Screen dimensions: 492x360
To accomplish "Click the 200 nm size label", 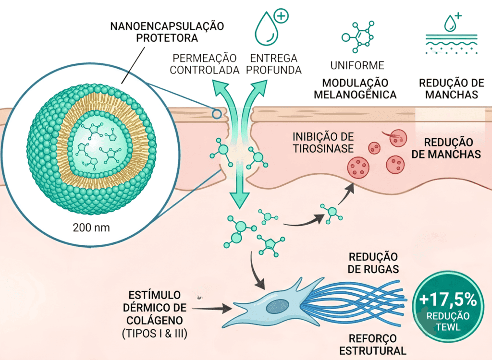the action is (x=91, y=228).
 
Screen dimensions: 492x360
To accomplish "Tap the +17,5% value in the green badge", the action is (x=448, y=300).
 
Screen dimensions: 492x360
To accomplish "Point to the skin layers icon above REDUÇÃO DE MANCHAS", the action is (x=452, y=34).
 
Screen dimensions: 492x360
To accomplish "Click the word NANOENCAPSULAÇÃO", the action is (x=167, y=26).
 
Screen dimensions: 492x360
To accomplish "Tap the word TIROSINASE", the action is (x=323, y=148).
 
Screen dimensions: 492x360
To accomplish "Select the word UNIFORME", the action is (x=357, y=65).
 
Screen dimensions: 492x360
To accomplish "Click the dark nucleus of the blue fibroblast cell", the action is (x=277, y=306).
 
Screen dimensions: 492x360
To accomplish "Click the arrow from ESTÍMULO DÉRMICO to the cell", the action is (x=212, y=309).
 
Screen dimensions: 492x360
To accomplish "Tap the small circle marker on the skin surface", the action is (x=217, y=114).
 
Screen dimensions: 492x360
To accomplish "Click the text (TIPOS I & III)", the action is (x=155, y=333).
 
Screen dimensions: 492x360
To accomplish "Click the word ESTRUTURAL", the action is (x=373, y=350).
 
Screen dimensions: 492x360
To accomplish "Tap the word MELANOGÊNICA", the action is (x=355, y=95).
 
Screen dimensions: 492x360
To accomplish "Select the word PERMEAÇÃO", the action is (x=205, y=59).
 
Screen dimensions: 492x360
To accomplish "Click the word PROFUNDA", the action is (x=273, y=70).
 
